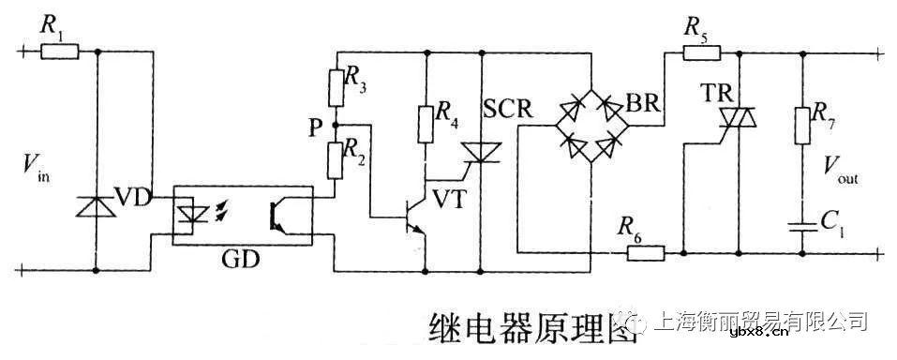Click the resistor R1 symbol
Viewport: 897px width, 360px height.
tap(59, 52)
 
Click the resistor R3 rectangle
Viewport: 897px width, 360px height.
tap(336, 87)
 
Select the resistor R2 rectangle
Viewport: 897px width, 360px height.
tap(336, 158)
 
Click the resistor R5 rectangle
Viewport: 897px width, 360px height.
tap(701, 53)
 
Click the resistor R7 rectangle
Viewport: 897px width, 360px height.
tap(802, 125)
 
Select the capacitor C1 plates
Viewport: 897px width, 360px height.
tap(802, 224)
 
